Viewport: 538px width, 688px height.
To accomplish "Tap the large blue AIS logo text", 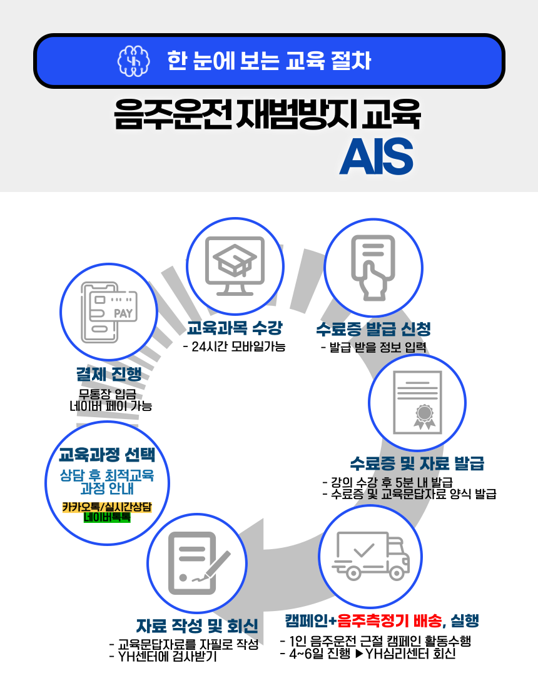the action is (376, 156).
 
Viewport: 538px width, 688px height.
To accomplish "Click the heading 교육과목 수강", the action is (235, 327).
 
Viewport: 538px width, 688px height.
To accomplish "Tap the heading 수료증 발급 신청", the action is (373, 328).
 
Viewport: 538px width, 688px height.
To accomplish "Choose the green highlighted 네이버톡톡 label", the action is (107, 517).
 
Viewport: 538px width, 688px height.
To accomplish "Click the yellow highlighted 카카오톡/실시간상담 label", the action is (107, 506).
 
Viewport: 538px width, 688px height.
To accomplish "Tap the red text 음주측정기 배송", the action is (390, 621).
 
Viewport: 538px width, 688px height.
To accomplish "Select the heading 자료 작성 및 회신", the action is (197, 625).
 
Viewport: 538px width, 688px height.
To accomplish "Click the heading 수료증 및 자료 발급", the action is (417, 463).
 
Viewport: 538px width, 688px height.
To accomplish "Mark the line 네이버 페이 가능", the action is (111, 406).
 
